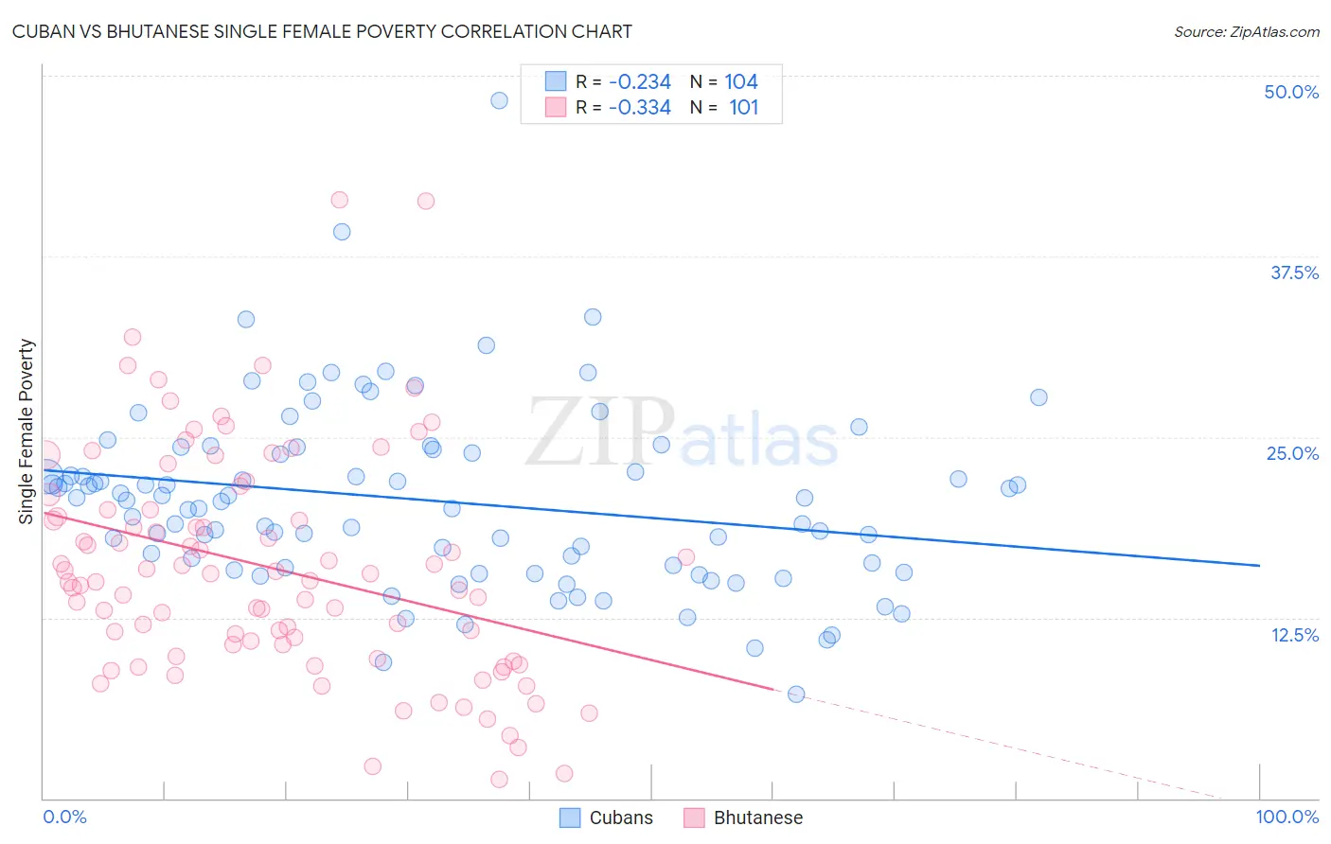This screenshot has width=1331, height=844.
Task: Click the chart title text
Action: point(322,31)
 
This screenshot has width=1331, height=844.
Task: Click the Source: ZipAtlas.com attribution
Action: point(1246,31)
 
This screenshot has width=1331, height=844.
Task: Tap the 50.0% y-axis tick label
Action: point(1291,92)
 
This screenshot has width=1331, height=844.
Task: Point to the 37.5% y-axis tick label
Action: point(1294,273)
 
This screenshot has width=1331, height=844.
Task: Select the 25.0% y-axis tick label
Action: point(1292,453)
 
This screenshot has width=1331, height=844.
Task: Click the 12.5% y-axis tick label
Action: point(1294,635)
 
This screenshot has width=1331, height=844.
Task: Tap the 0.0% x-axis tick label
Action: point(64,817)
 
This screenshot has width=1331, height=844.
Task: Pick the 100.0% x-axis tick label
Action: point(1287,817)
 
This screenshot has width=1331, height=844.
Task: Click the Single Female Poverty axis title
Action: point(27,431)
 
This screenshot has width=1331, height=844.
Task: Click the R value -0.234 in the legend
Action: point(640,82)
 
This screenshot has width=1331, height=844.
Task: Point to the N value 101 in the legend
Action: point(743,108)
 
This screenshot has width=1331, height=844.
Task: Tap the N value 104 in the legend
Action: point(741,82)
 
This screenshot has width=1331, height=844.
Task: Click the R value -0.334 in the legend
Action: point(640,108)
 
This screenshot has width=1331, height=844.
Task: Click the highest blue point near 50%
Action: point(499,100)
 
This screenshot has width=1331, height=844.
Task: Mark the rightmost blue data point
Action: point(1038,397)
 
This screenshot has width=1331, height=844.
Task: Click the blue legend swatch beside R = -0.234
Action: point(556,82)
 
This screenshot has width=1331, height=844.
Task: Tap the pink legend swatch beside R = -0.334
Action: point(556,108)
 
